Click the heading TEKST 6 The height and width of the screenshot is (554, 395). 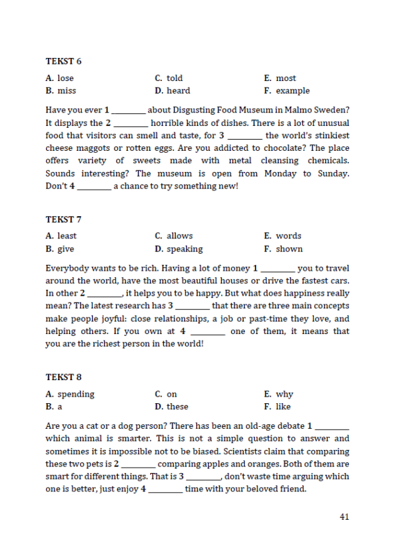[x=64, y=61]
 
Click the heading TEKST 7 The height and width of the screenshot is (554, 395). [x=64, y=219]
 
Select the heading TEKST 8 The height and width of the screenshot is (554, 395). [x=64, y=377]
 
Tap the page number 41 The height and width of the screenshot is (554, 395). [x=344, y=516]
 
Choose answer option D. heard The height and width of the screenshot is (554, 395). [x=172, y=91]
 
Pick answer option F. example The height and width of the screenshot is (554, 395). [x=286, y=91]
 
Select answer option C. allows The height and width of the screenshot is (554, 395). [x=174, y=236]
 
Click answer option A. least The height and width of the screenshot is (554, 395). [x=61, y=236]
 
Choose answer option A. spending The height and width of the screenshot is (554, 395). [x=70, y=394]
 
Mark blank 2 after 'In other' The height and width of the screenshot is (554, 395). [x=105, y=294]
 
